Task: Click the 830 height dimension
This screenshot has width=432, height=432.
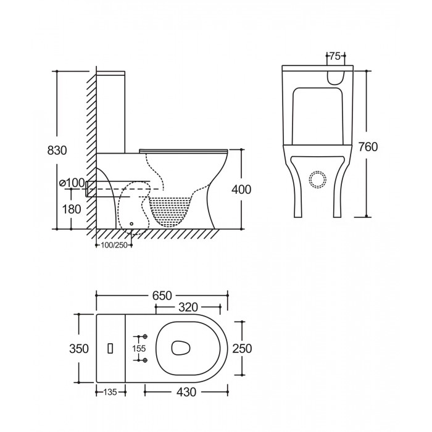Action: [57, 151]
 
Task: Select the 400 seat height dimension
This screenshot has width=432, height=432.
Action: [241, 189]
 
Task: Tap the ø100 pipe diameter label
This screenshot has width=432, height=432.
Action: [72, 183]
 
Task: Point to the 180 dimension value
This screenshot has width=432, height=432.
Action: [72, 209]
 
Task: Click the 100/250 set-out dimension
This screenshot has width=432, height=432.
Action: [114, 245]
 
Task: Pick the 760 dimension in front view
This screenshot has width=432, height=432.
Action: [368, 147]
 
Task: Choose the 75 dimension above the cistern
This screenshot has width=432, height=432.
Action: [335, 56]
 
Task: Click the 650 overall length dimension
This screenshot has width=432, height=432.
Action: [162, 296]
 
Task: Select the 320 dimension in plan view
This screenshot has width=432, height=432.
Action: [188, 307]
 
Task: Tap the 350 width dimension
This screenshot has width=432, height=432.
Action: [79, 349]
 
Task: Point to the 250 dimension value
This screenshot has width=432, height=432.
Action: [242, 349]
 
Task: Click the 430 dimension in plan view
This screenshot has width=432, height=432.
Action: [186, 392]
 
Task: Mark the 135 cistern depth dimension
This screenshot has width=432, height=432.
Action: [110, 392]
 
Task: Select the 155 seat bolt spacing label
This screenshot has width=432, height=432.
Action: [139, 349]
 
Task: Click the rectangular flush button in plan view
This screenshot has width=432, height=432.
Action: [110, 348]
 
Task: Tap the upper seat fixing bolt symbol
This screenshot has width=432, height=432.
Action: [145, 336]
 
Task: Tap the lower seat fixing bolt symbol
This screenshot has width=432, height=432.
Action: [145, 360]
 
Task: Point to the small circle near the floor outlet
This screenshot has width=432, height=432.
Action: [131, 223]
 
